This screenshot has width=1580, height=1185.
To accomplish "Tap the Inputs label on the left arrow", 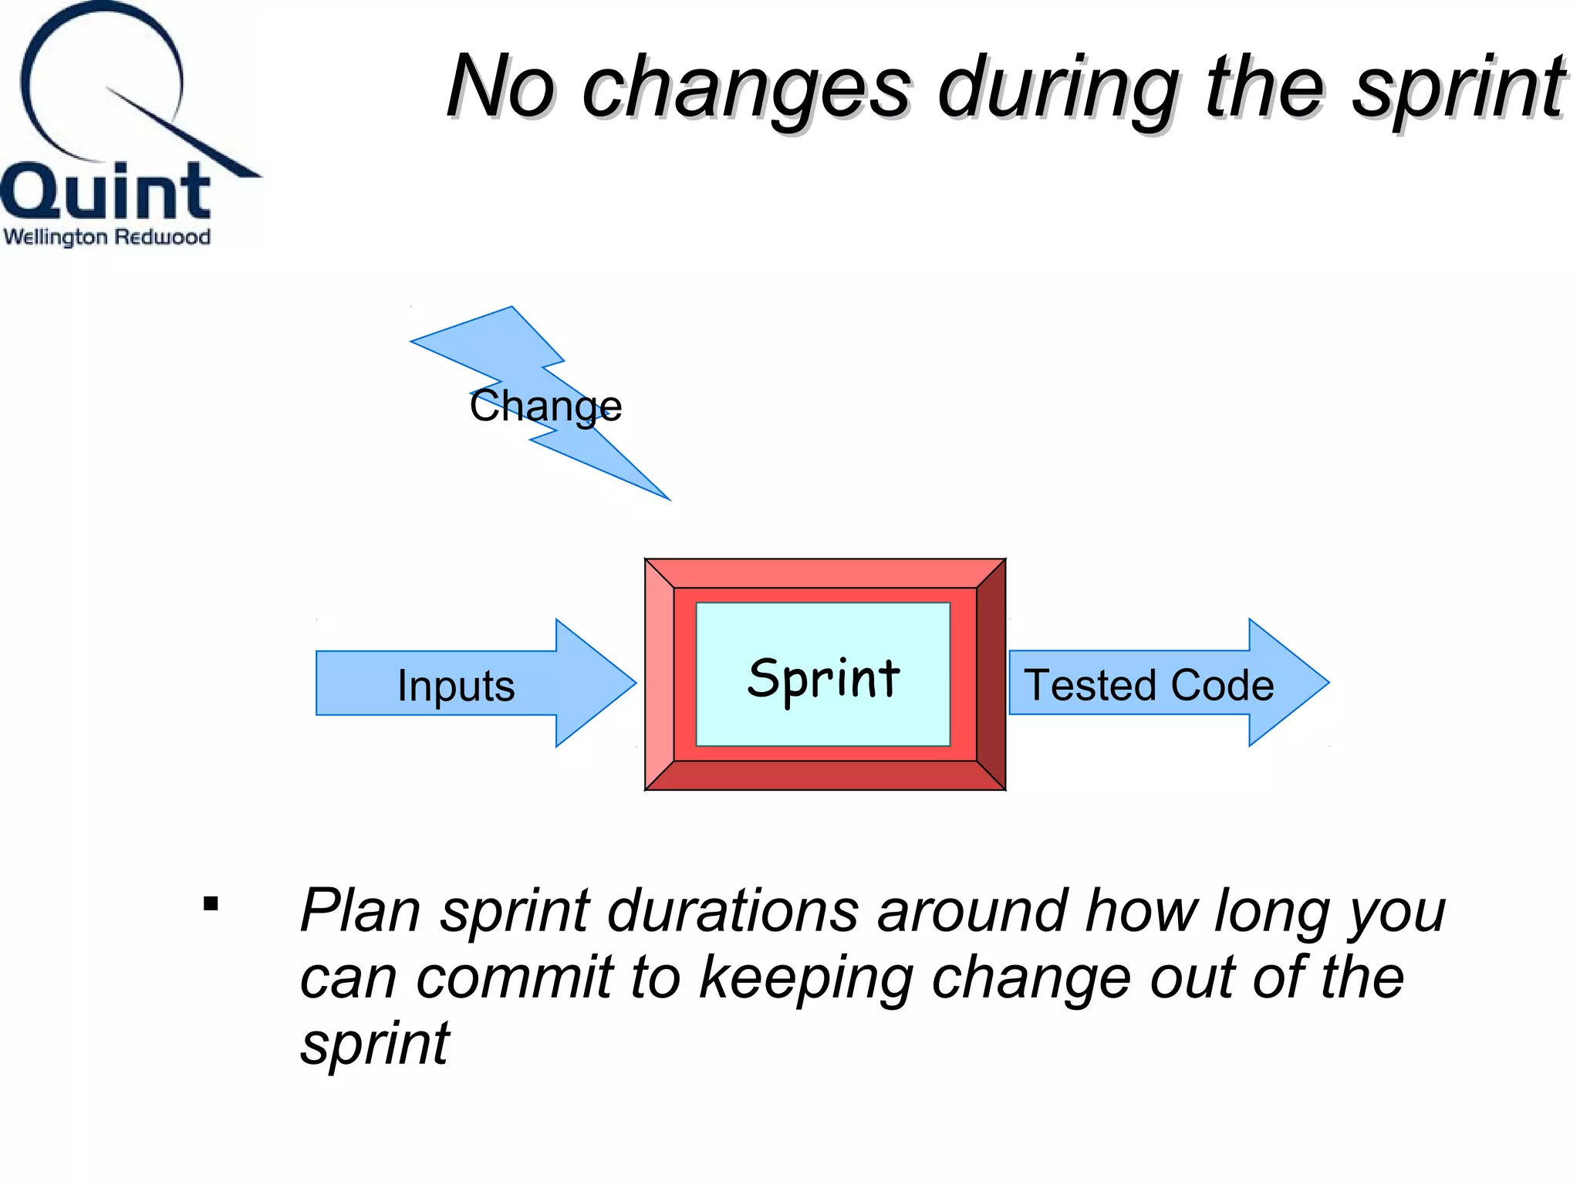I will coord(456,685).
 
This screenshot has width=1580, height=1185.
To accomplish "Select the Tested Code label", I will coord(1148,685).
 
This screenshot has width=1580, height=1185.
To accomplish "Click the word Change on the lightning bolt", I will coord(545,406).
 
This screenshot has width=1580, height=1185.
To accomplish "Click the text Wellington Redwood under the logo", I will coord(107,237).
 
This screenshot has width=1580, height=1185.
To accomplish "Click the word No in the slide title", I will coord(500,86).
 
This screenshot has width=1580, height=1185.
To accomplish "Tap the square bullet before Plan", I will coord(211,903).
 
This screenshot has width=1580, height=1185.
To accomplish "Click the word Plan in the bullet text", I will coord(360,910).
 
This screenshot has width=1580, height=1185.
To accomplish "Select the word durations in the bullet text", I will coord(733,910).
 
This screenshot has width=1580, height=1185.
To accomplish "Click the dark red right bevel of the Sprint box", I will coord(991,674).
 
